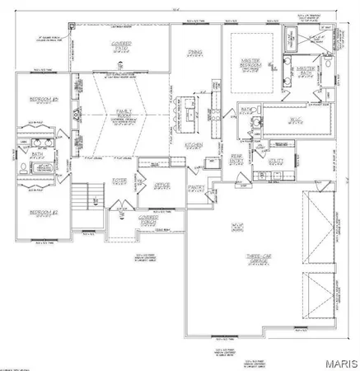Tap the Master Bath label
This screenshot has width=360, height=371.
(x=306, y=70)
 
